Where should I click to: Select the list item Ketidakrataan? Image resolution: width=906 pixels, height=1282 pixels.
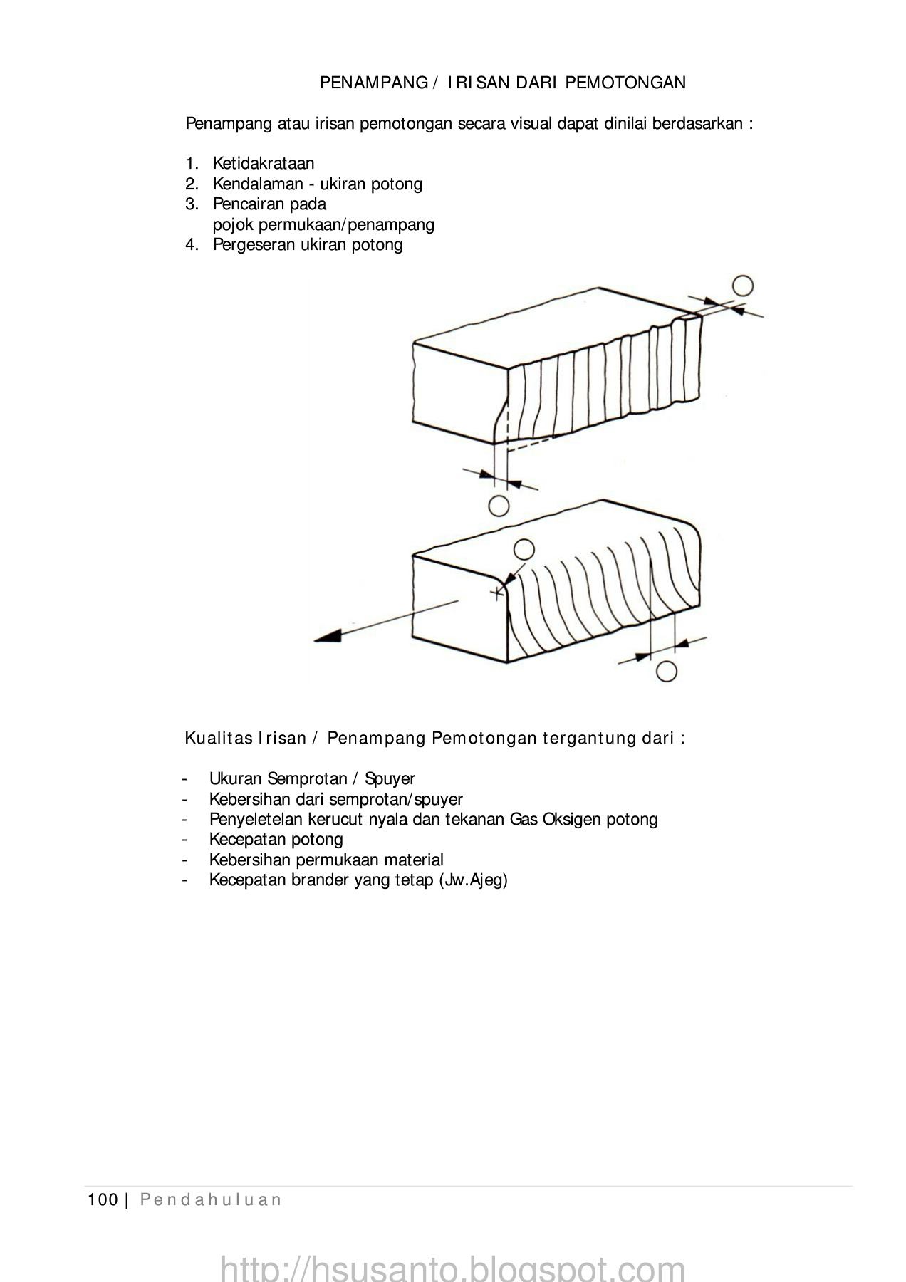[263, 163]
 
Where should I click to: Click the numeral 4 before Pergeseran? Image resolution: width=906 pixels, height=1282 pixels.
[190, 245]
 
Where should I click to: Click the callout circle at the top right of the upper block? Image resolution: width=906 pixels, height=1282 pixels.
[742, 286]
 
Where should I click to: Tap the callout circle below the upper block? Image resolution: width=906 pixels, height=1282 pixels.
[499, 505]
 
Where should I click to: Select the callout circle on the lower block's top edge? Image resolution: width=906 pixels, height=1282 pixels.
[524, 549]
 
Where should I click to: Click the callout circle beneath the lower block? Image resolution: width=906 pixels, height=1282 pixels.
[666, 670]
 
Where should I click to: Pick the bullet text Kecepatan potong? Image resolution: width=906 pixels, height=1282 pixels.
[276, 839]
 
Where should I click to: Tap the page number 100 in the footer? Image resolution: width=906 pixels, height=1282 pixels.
[103, 1200]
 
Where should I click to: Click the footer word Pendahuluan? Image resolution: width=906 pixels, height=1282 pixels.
[210, 1200]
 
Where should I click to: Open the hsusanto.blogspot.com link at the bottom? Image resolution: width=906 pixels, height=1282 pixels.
[452, 1268]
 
